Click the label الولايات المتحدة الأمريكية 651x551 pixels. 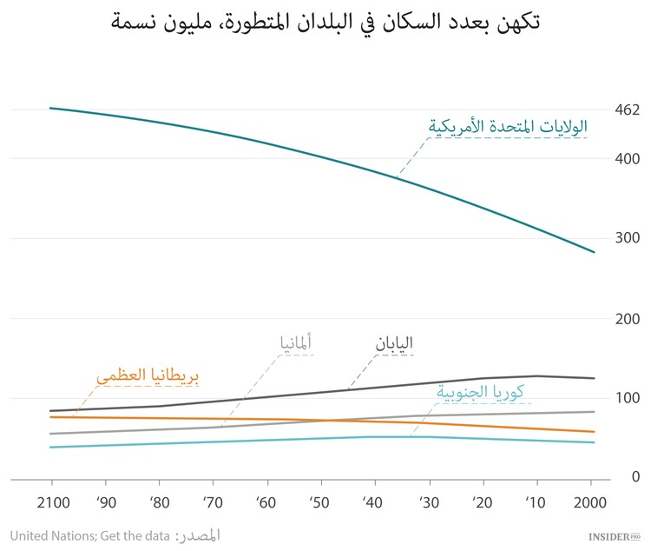(x=508, y=126)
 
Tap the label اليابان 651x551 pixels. (x=393, y=342)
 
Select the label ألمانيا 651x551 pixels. (x=295, y=342)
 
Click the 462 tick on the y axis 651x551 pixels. (x=627, y=110)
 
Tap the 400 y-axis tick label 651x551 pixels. (x=627, y=159)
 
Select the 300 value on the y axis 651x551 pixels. (x=627, y=238)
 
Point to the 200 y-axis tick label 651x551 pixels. (x=627, y=319)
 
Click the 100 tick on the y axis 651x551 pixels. (x=627, y=399)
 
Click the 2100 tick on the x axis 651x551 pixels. (x=51, y=503)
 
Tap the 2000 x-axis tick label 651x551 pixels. (x=590, y=503)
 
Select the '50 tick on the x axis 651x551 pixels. (x=320, y=503)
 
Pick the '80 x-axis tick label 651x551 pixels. (x=159, y=503)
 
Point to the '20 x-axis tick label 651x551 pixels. (x=482, y=503)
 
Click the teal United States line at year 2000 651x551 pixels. (x=593, y=252)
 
